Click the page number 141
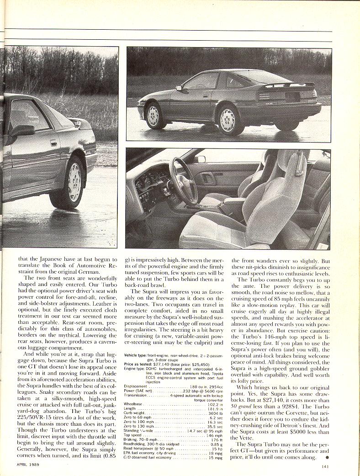pos(325,466)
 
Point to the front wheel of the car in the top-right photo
pos(154,115)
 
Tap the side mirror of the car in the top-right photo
pos(179,88)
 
